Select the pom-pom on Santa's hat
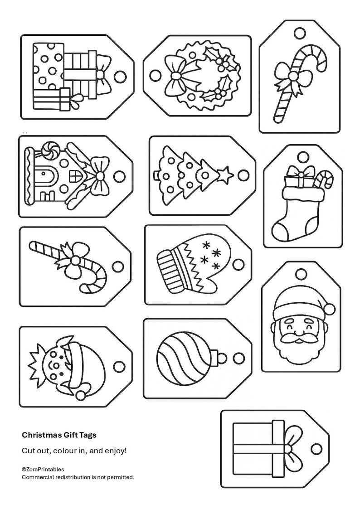tap(330, 309)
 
